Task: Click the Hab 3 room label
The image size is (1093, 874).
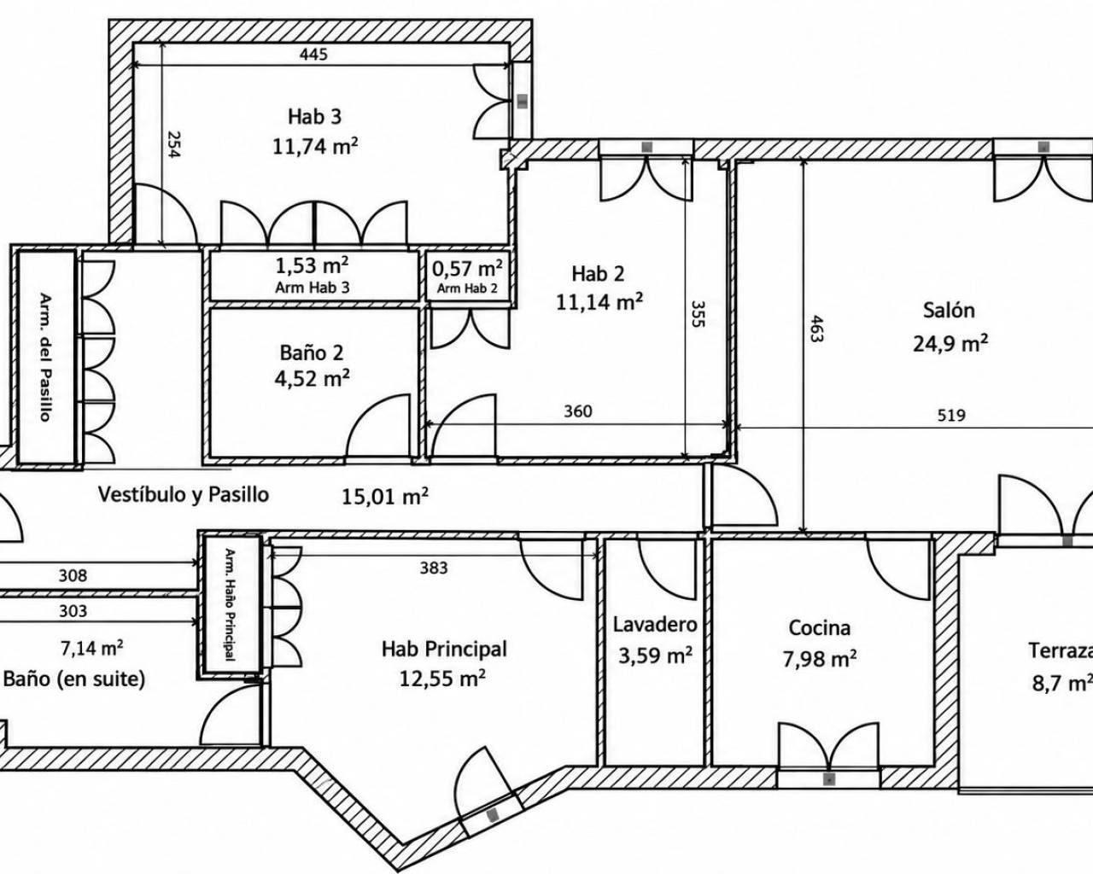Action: (x=314, y=116)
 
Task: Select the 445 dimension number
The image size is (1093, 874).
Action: (x=313, y=55)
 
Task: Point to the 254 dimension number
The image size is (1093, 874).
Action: (x=174, y=145)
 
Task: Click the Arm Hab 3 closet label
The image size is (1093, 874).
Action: (x=313, y=288)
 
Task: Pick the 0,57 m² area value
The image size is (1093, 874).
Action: (x=467, y=268)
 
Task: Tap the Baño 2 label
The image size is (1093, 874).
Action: (x=312, y=353)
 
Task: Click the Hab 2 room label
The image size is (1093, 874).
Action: (x=598, y=274)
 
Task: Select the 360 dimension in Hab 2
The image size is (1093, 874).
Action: (x=578, y=411)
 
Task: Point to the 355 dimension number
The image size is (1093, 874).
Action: (x=698, y=314)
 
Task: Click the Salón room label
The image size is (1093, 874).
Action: (x=949, y=311)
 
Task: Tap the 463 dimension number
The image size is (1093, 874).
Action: (x=815, y=329)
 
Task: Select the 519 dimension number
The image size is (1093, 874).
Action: (x=951, y=416)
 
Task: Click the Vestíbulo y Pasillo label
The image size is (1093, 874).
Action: (x=183, y=494)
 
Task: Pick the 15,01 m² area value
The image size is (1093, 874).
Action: (x=384, y=497)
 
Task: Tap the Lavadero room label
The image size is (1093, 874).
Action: (x=655, y=625)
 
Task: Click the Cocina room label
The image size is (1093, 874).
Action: (x=819, y=628)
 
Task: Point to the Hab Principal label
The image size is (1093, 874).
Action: (x=444, y=649)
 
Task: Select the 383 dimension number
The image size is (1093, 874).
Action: (x=434, y=568)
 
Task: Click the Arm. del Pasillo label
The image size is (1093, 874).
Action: (x=46, y=357)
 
